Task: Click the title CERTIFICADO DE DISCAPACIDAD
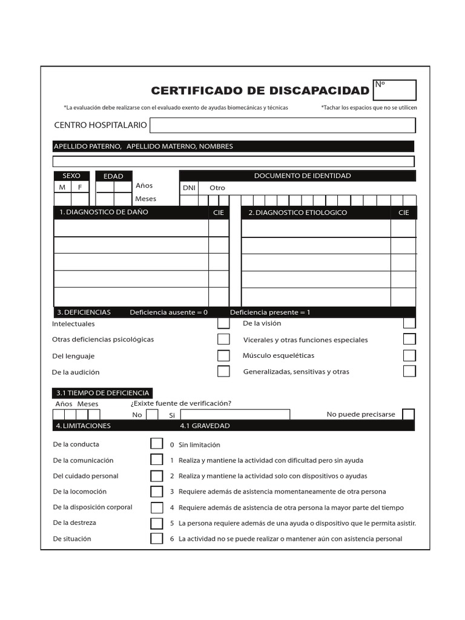point(260,91)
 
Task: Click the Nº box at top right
point(395,90)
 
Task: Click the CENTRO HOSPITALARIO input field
point(282,125)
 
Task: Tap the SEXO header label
point(71,176)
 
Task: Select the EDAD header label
point(113,176)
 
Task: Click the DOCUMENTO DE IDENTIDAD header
point(302,176)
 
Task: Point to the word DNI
point(190,188)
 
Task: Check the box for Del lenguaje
point(223,356)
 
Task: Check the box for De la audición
point(223,371)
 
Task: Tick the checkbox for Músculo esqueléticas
point(409,355)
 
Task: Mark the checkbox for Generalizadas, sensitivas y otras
point(409,371)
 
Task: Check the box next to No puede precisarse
point(409,414)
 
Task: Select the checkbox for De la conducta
point(157,444)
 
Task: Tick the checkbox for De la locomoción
point(157,492)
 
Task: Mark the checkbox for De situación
point(157,538)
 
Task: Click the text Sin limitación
point(199,445)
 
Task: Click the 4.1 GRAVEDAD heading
point(205,426)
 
